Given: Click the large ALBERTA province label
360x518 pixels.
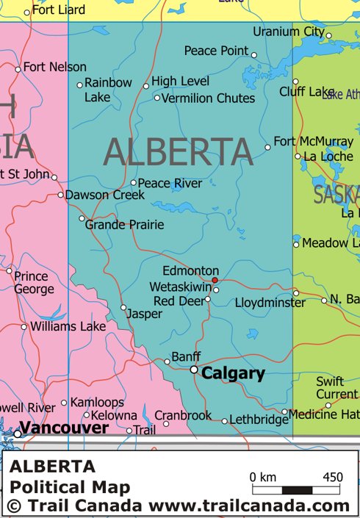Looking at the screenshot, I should (x=179, y=152).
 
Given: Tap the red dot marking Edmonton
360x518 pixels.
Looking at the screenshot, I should (x=215, y=280).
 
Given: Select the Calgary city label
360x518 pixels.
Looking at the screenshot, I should (x=233, y=373).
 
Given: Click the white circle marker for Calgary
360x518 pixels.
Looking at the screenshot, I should (x=194, y=370).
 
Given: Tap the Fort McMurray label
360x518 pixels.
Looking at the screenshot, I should (x=313, y=141).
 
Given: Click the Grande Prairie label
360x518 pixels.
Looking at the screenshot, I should (x=124, y=224).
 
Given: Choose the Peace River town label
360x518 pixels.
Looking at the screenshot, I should (x=170, y=183).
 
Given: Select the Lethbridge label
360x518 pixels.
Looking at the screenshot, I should (x=259, y=420).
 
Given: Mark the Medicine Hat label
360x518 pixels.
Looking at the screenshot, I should (x=324, y=414).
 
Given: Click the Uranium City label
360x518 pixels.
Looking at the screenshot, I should (x=288, y=32).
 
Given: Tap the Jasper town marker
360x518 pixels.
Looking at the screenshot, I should (x=123, y=307).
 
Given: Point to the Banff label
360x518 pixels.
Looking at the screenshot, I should (x=186, y=357).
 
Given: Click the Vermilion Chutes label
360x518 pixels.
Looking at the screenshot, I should (x=208, y=98).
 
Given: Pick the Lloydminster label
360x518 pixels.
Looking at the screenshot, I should (x=270, y=302).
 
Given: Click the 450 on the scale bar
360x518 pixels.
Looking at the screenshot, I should (x=332, y=477).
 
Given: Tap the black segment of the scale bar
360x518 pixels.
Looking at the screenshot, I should (x=298, y=489).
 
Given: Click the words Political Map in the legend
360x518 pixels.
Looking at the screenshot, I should (x=70, y=486).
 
